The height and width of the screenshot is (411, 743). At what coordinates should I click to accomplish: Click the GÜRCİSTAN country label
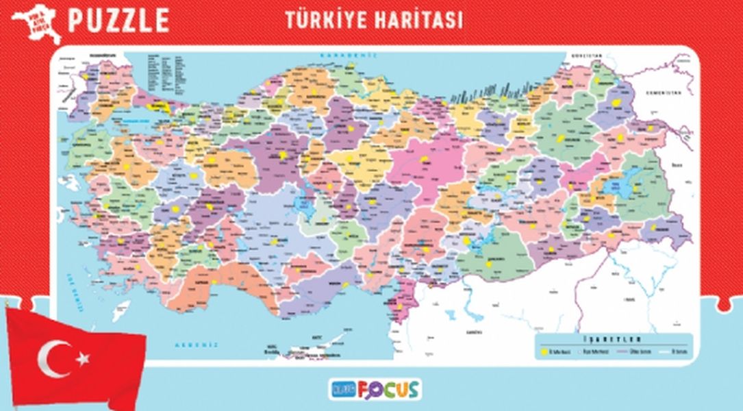click(x=587, y=55)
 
